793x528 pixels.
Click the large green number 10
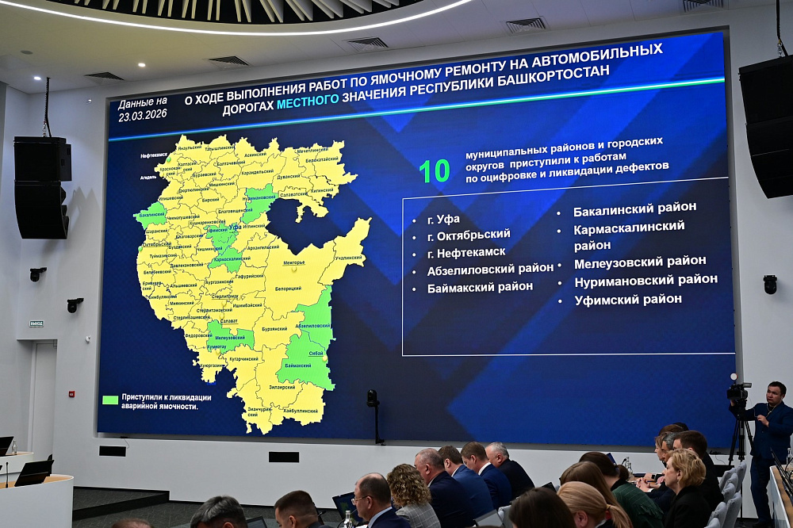tap(435, 170)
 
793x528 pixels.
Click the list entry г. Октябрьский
tap(468, 235)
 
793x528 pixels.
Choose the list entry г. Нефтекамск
tap(465, 252)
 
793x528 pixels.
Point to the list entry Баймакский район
tap(480, 287)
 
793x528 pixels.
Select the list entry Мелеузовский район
tap(639, 262)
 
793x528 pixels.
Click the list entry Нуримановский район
tap(646, 280)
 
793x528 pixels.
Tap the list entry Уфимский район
tap(627, 299)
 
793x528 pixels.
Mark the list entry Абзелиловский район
tap(490, 270)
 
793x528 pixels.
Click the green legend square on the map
tap(110, 400)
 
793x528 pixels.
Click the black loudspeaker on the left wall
tap(41, 188)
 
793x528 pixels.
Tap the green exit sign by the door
tap(36, 323)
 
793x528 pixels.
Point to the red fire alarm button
tap(71, 393)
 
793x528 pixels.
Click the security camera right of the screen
tap(769, 284)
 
